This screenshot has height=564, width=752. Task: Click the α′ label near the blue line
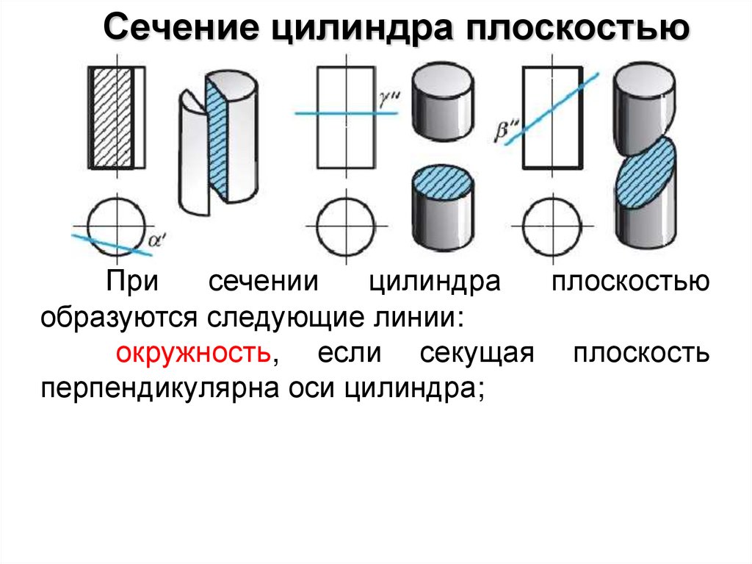point(156,240)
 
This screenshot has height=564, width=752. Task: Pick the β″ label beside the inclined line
point(506,132)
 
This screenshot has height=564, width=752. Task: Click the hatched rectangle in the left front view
point(112,118)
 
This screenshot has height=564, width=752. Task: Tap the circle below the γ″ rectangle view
point(345,224)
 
